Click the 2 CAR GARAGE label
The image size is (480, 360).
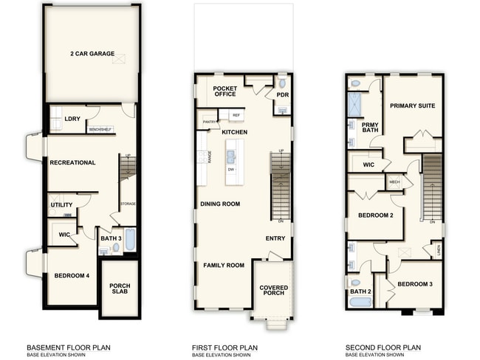tap(92, 53)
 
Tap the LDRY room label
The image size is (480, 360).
tap(72, 119)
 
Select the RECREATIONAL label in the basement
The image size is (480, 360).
tap(72, 162)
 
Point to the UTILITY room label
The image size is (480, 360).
tap(61, 204)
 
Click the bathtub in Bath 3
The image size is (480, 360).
tap(129, 240)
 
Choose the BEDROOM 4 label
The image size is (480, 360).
tap(72, 276)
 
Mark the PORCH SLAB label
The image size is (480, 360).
tap(120, 289)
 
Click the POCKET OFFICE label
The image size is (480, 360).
tap(224, 91)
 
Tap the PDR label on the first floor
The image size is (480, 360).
tap(282, 95)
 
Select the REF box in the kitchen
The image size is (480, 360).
tap(236, 116)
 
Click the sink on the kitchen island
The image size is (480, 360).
tap(231, 156)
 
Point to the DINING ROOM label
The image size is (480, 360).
tap(220, 204)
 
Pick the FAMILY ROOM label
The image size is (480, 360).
tap(224, 265)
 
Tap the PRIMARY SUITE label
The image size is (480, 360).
tap(412, 105)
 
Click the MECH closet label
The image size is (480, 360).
tap(394, 182)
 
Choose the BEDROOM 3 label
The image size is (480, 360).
tap(415, 284)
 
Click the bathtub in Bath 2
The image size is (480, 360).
tap(361, 302)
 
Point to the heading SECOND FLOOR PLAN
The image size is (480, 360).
tap(383, 347)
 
